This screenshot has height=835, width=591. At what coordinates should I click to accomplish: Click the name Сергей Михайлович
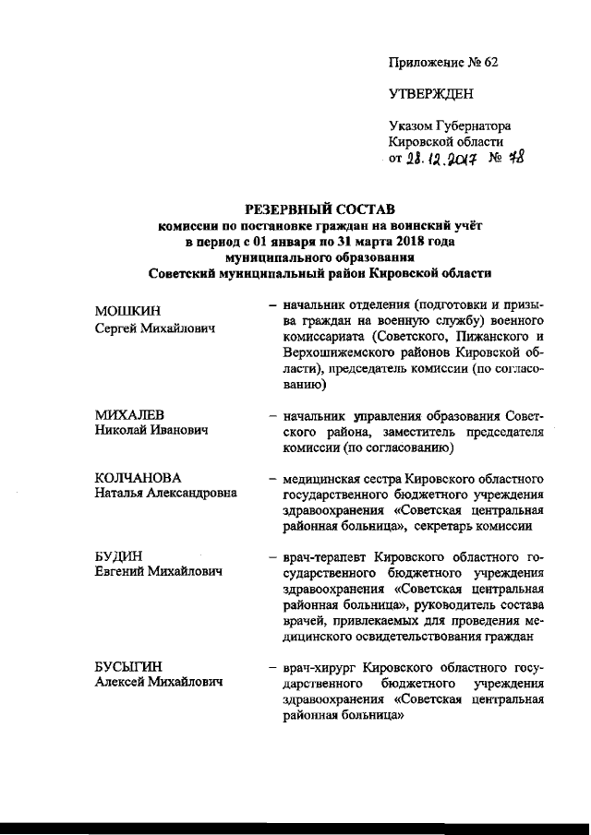pos(155,328)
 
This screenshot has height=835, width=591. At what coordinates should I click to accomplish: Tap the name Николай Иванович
pos(151,431)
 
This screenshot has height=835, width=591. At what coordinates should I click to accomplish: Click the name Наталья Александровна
pos(166,494)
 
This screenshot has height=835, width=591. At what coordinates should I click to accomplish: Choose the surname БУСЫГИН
pos(130,668)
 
